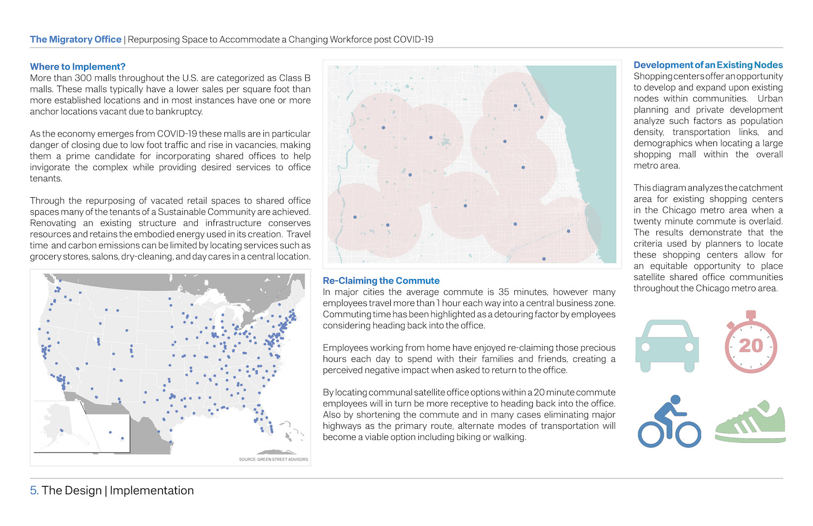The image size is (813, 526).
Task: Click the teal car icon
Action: tap(667, 345)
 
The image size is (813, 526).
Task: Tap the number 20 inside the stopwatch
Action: tap(751, 346)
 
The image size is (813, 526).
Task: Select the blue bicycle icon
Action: tap(669, 422)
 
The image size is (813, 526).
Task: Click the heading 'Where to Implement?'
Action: tap(78, 67)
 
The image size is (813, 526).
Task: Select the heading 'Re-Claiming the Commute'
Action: tap(381, 281)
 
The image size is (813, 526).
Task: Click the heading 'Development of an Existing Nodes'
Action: tap(708, 65)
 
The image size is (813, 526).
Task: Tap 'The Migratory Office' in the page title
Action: tap(75, 40)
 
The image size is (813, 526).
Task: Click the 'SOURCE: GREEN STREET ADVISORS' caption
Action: tap(273, 459)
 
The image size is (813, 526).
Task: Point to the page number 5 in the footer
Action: tap(34, 491)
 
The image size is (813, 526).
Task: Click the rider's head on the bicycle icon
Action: tap(675, 399)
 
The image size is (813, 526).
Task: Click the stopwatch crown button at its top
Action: tap(751, 315)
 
